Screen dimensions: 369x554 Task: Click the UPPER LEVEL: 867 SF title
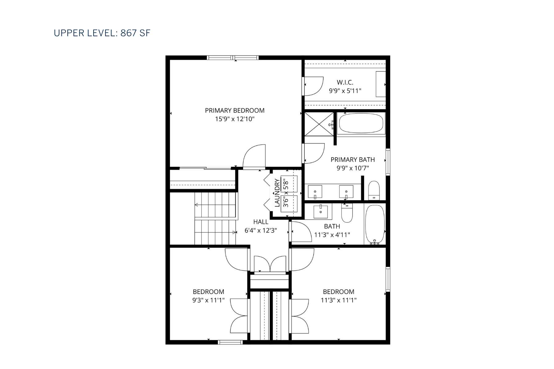pos(102,33)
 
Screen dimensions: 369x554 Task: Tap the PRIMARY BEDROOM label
pos(235,110)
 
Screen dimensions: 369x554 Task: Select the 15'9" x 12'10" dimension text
pos(235,119)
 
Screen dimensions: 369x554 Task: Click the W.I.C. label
pos(345,82)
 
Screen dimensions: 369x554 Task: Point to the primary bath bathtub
pos(361,123)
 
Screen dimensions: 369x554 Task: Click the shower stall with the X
pos(319,124)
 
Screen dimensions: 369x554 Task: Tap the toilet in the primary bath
pos(374,191)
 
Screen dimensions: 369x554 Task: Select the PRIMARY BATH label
pos(352,160)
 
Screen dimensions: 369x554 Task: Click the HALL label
pos(261,222)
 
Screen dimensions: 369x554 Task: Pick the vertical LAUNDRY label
pos(277,193)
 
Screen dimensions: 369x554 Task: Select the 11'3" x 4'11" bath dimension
pos(332,235)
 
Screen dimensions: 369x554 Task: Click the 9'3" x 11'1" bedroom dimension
pos(208,300)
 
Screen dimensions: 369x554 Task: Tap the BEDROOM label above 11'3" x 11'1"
pos(339,292)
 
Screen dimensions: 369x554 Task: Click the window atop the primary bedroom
pos(233,58)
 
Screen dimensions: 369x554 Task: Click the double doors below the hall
pos(270,264)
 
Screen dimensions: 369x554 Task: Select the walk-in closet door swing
pos(313,86)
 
